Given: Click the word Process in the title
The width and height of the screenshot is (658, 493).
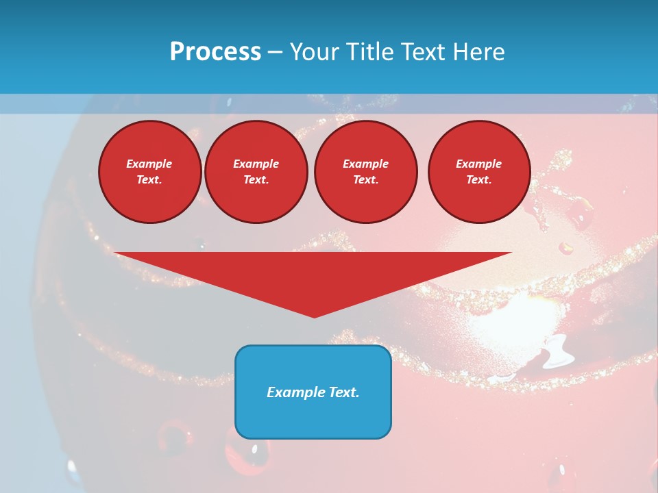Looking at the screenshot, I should pos(215,52).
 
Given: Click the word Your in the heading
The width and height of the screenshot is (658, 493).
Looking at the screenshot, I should pos(314,52).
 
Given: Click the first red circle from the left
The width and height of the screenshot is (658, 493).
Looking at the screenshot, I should pos(150,172).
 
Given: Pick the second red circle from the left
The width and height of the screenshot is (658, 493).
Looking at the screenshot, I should pos(256,172).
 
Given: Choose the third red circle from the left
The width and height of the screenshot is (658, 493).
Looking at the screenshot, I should pos(366,172).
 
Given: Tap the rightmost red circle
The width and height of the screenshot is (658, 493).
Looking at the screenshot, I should pos(479,172).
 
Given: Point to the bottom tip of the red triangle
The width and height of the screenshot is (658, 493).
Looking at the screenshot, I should pos(314,317).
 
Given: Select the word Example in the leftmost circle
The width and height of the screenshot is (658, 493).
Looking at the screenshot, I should pos(149,164).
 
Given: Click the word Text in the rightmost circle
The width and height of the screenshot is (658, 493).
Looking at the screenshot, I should pos(479,180).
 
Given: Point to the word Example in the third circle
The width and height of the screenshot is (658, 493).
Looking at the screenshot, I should pos(366,164).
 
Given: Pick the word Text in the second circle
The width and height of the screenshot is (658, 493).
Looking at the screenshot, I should pos(256,180).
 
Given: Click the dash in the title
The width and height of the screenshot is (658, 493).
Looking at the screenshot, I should pos(276,52).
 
